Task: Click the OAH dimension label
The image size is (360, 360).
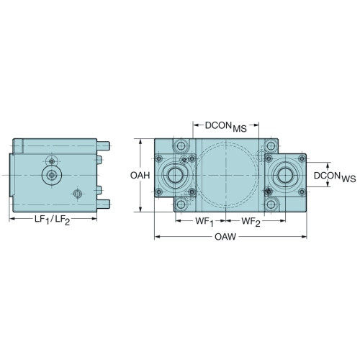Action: pyautogui.click(x=140, y=176)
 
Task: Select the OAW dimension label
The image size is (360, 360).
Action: pyautogui.click(x=225, y=237)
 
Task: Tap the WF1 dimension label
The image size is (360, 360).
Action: pyautogui.click(x=204, y=222)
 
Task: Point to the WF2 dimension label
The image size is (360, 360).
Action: pyautogui.click(x=251, y=222)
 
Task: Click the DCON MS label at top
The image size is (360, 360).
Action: pyautogui.click(x=226, y=127)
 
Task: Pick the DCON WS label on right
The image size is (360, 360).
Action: pyautogui.click(x=335, y=177)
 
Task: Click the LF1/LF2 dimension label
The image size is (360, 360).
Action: pyautogui.click(x=53, y=220)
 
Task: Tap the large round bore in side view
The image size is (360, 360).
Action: pyautogui.click(x=52, y=175)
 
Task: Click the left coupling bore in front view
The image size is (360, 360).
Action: pyautogui.click(x=175, y=175)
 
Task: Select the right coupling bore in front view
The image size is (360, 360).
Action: pyautogui.click(x=286, y=175)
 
